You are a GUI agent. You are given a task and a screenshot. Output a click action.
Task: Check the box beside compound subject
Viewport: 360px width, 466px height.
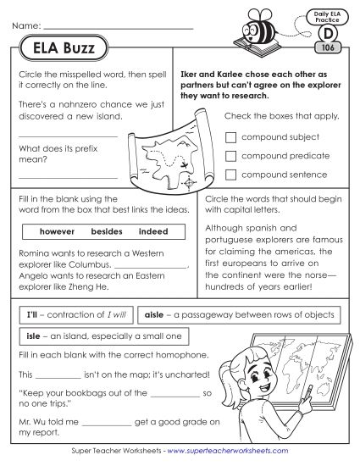click(x=230, y=136)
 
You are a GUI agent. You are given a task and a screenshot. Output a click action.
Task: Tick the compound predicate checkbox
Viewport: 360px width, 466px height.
click(x=230, y=155)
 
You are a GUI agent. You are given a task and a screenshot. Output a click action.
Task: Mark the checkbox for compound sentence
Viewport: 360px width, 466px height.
click(x=230, y=175)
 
